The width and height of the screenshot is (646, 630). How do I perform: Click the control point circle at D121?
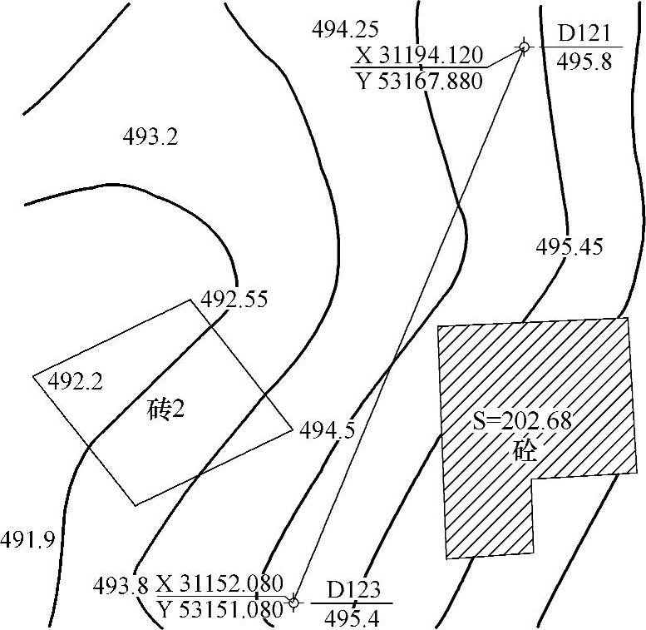click(x=524, y=47)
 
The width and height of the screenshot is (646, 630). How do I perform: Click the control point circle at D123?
click(x=293, y=603)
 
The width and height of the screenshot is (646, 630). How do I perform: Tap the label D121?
click(x=584, y=34)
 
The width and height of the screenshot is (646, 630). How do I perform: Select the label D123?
click(x=353, y=590)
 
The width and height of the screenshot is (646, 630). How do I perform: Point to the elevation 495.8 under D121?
click(x=584, y=62)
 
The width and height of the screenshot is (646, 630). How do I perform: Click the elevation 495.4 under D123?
click(x=352, y=618)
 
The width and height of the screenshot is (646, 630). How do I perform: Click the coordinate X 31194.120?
click(x=418, y=55)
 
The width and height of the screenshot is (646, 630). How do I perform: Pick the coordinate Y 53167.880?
click(x=419, y=82)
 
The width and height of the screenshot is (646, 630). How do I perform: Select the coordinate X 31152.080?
click(x=220, y=583)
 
